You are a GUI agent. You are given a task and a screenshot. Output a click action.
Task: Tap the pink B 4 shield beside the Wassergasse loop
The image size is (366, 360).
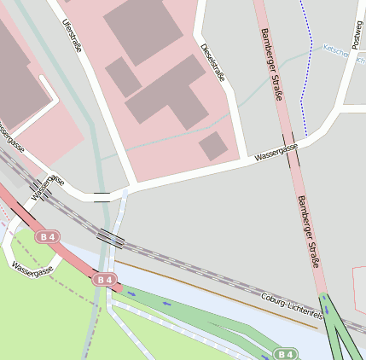[x=49, y=236]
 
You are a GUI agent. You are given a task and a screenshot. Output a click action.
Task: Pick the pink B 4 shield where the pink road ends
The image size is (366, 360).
[x=104, y=279]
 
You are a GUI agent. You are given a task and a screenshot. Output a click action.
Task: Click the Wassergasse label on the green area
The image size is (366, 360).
[x=32, y=270]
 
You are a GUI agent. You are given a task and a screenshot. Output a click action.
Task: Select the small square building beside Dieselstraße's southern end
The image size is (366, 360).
[x=213, y=146]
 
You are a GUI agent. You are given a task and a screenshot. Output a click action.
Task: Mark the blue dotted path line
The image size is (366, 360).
[x=305, y=68]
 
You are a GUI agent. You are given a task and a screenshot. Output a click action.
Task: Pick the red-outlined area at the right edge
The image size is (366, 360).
[x=359, y=290]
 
